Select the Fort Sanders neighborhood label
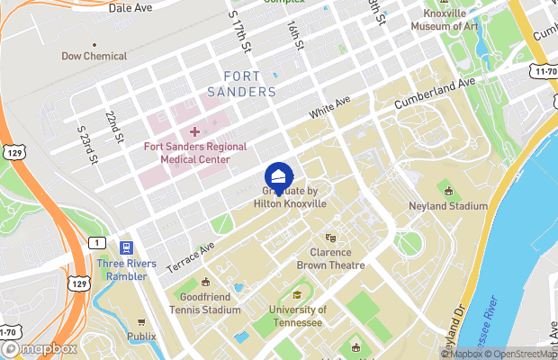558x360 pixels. click(x=241, y=85)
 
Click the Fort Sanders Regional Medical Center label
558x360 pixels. click(x=194, y=152)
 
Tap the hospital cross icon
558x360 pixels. click(x=194, y=132)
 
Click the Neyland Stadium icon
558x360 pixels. click(x=450, y=190)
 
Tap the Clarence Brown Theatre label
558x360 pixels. click(x=331, y=259)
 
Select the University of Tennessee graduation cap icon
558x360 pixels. click(x=297, y=295)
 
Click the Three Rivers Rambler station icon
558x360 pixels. click(x=127, y=247)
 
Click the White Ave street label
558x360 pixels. click(x=328, y=109)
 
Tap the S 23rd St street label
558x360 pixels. click(x=87, y=143)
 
